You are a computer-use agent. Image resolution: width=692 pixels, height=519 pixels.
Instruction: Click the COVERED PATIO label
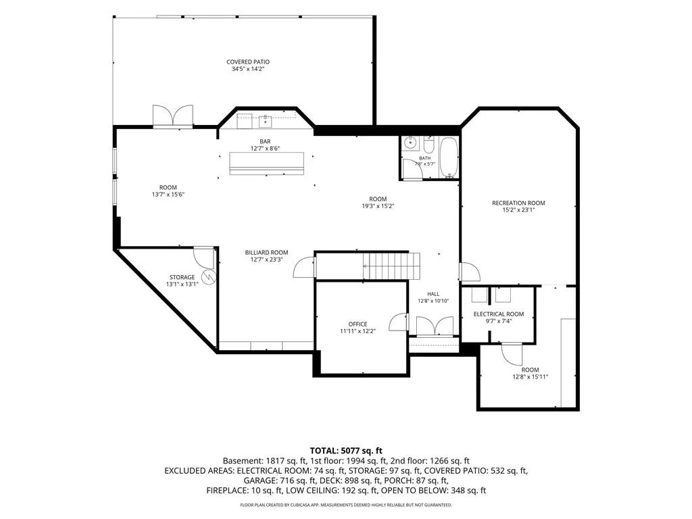pos(247,61)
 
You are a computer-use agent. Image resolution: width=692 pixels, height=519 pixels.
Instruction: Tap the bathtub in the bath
pos(449,157)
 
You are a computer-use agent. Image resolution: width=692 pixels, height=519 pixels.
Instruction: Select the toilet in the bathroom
pos(428,144)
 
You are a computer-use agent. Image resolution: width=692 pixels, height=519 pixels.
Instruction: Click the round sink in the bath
pos(410,143)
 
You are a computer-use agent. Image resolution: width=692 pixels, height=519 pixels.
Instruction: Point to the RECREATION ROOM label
pos(518,203)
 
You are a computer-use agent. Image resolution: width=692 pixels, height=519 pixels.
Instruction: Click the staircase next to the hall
pos(390,266)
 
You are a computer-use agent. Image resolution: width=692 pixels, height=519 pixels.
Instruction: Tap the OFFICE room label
pos(357,324)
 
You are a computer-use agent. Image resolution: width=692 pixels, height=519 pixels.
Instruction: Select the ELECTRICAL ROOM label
pos(499,314)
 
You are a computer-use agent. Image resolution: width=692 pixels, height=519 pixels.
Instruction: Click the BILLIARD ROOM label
pos(266,253)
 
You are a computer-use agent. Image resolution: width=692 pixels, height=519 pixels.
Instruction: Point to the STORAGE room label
pos(182,277)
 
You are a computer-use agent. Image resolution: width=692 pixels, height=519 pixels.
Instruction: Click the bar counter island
pos(266,164)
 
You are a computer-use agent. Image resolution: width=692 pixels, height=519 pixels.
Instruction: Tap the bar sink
pos(265,118)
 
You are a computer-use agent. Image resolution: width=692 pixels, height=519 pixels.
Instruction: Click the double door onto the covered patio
pos(173,116)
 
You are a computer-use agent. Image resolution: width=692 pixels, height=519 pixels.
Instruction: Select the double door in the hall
pos(435,327)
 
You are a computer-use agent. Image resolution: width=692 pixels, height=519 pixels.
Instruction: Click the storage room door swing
pos(203,258)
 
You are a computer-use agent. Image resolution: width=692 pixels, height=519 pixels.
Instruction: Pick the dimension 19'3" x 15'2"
pos(378,205)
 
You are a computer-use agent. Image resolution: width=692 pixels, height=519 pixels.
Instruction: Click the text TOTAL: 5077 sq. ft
pos(346,451)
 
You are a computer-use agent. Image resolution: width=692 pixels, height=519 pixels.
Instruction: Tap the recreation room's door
pos(470,272)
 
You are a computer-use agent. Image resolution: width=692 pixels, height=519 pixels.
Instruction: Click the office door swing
pos(399,322)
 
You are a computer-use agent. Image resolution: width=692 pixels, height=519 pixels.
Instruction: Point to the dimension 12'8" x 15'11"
pos(530,377)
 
